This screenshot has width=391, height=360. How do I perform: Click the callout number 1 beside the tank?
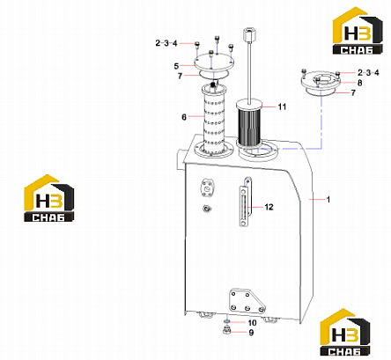point(328,200)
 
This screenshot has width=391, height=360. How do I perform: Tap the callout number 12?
point(269,207)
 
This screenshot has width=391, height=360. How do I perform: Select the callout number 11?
point(282,107)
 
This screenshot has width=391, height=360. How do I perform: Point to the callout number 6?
point(184,117)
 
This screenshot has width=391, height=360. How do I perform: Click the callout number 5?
point(176,66)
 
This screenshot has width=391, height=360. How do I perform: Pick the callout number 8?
point(359,83)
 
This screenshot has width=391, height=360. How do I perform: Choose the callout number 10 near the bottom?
point(252,323)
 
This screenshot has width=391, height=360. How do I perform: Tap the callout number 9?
point(251,333)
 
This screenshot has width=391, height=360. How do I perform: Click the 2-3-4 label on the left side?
point(166,43)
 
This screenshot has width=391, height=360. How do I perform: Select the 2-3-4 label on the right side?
point(368,72)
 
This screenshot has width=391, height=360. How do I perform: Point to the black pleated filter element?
point(249,126)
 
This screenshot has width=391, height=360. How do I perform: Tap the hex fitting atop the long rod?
point(248,34)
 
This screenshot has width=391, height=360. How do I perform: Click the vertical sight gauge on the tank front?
point(246,202)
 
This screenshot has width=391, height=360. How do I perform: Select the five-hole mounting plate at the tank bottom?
point(247,300)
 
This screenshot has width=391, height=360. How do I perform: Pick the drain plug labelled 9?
point(226,331)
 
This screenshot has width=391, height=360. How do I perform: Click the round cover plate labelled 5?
point(214,62)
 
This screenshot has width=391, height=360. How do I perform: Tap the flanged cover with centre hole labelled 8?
point(321,81)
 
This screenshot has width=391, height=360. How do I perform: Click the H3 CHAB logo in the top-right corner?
point(358,31)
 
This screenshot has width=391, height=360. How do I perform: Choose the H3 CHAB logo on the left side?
point(48,198)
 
